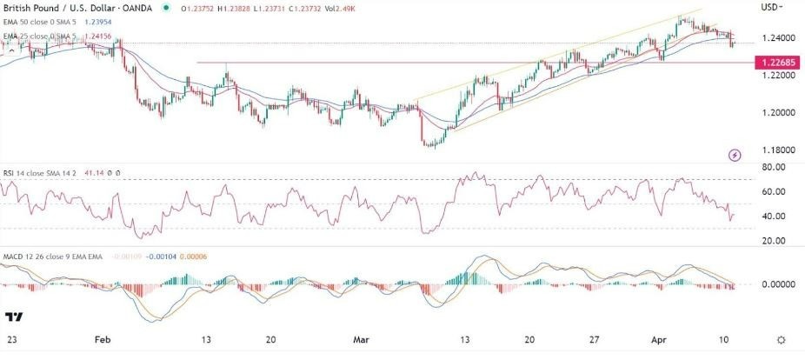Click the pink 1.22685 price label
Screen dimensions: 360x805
(x=777, y=63)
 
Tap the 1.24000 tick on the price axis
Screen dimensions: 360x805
(x=776, y=38)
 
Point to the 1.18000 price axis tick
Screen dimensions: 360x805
(x=776, y=150)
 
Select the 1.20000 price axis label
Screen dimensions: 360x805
(x=776, y=112)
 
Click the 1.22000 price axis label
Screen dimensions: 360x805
(x=776, y=76)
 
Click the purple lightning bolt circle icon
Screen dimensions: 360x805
(x=735, y=155)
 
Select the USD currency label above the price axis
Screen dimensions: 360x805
(x=770, y=9)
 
